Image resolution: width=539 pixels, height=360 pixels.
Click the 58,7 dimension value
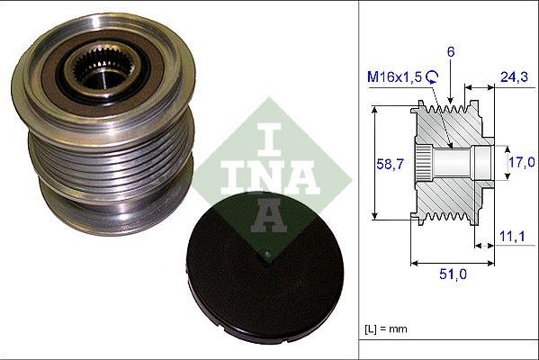[386, 163]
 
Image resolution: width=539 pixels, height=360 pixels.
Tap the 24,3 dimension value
[512, 79]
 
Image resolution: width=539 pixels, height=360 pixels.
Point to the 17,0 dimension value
[521, 163]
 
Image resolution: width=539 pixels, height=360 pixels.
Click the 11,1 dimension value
[512, 236]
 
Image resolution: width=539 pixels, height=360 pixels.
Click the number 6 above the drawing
[452, 52]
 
